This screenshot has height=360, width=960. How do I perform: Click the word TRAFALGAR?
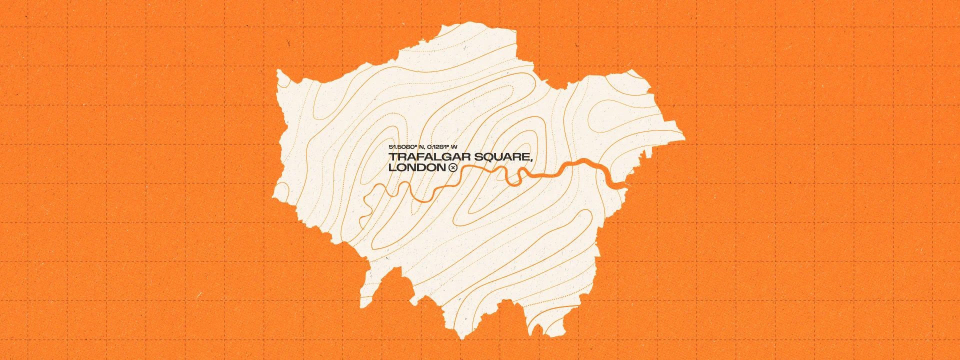[x=429, y=157]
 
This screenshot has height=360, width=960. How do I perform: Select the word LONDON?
[x=416, y=168]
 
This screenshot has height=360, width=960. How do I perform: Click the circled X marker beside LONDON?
[x=453, y=168]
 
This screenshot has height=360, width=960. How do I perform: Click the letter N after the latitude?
[x=421, y=146]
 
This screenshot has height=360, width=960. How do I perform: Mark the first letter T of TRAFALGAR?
[x=393, y=157]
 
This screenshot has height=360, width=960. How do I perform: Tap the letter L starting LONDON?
[x=392, y=168]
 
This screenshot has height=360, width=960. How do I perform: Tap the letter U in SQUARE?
[x=499, y=157]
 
